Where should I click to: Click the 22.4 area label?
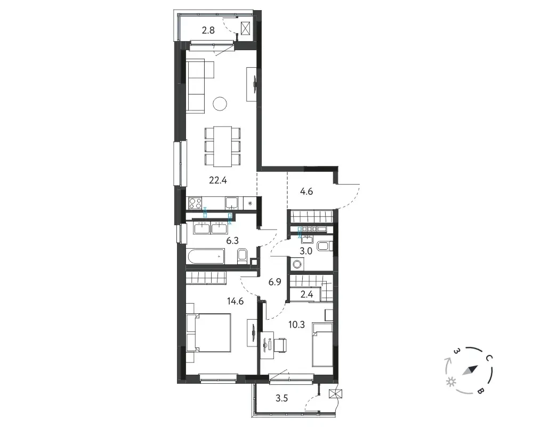click(218, 180)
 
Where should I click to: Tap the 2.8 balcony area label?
click(208, 30)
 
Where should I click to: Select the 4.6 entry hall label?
click(306, 192)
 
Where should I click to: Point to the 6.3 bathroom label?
click(232, 241)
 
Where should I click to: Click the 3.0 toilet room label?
click(306, 251)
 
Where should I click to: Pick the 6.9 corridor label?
click(274, 282)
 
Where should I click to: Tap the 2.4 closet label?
click(306, 294)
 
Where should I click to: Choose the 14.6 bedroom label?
click(235, 301)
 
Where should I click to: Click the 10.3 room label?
click(296, 325)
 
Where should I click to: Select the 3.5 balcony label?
click(282, 398)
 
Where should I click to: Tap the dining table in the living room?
click(223, 146)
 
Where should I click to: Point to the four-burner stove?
click(195, 203)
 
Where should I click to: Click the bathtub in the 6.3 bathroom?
click(206, 256)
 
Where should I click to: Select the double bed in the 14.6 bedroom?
click(209, 333)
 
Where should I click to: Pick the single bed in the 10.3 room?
click(322, 345)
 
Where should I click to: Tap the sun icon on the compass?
click(451, 382)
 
